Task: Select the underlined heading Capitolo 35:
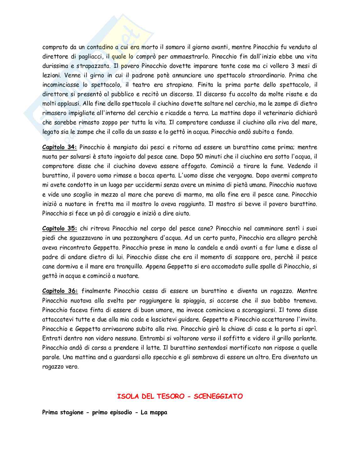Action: point(60,228)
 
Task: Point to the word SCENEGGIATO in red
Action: point(218,396)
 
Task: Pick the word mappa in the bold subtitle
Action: point(158,412)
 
